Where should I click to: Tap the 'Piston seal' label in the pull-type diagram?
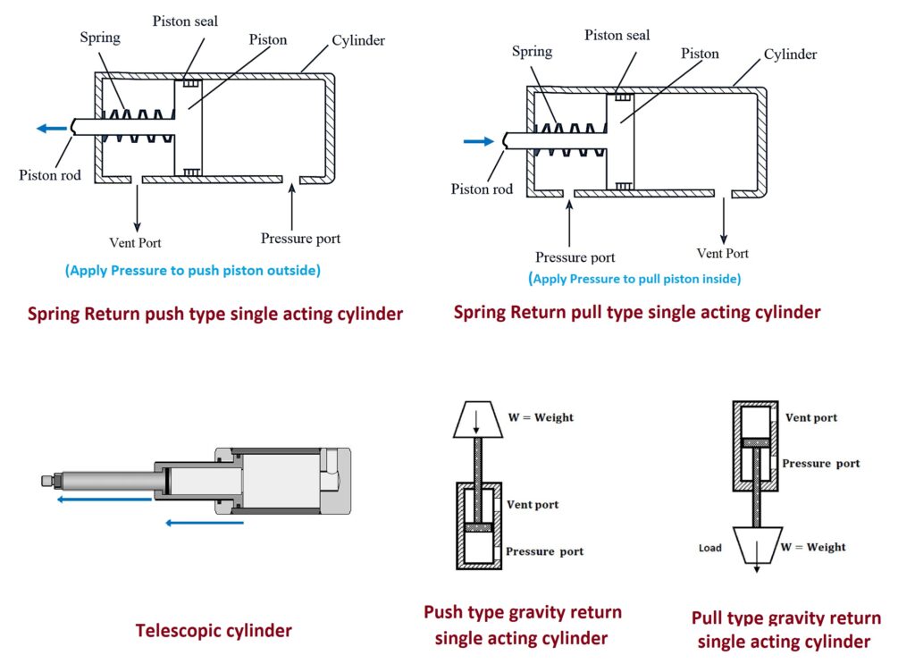pos(617,35)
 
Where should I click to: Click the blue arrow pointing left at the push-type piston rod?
pos(52,129)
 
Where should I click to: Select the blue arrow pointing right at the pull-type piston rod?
pos(479,140)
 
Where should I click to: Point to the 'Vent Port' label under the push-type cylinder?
pos(136,242)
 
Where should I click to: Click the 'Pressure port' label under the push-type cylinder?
pos(300,239)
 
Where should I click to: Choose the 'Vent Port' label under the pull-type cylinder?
pos(723,253)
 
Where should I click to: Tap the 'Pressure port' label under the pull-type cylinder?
pos(575,257)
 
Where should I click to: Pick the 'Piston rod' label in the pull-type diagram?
pos(482,189)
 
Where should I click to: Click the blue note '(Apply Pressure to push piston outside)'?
pos(193,271)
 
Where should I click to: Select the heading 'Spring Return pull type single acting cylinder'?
pos(637,313)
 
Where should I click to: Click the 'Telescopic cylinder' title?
pos(214,631)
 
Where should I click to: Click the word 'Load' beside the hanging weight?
pos(710,548)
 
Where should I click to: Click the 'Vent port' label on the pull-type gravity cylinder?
pos(811,418)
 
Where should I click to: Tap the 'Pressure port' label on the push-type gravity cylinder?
pos(544,551)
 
